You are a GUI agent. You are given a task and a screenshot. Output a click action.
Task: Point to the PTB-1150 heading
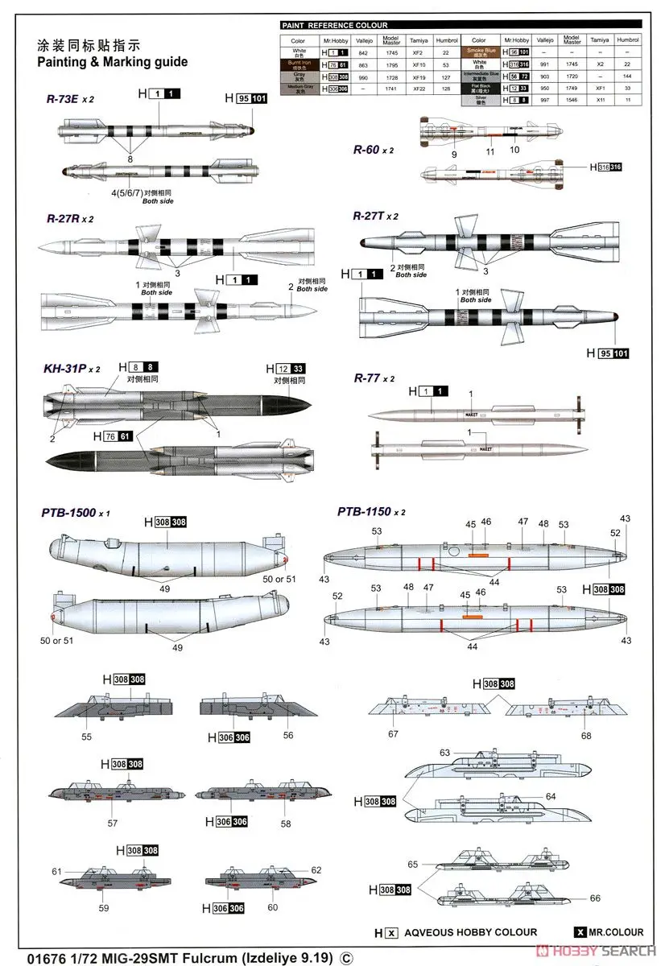pyautogui.click(x=364, y=511)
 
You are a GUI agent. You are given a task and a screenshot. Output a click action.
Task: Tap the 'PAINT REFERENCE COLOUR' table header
pyautogui.click(x=335, y=25)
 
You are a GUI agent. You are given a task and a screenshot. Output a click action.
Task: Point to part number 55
pyautogui.click(x=86, y=737)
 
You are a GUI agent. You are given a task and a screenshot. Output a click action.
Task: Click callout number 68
pyautogui.click(x=586, y=735)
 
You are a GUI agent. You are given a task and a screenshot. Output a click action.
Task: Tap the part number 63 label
pyautogui.click(x=444, y=753)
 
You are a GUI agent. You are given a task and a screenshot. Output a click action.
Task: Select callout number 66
pyautogui.click(x=595, y=898)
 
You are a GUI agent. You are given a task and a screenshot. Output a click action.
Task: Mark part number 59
pyautogui.click(x=104, y=908)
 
